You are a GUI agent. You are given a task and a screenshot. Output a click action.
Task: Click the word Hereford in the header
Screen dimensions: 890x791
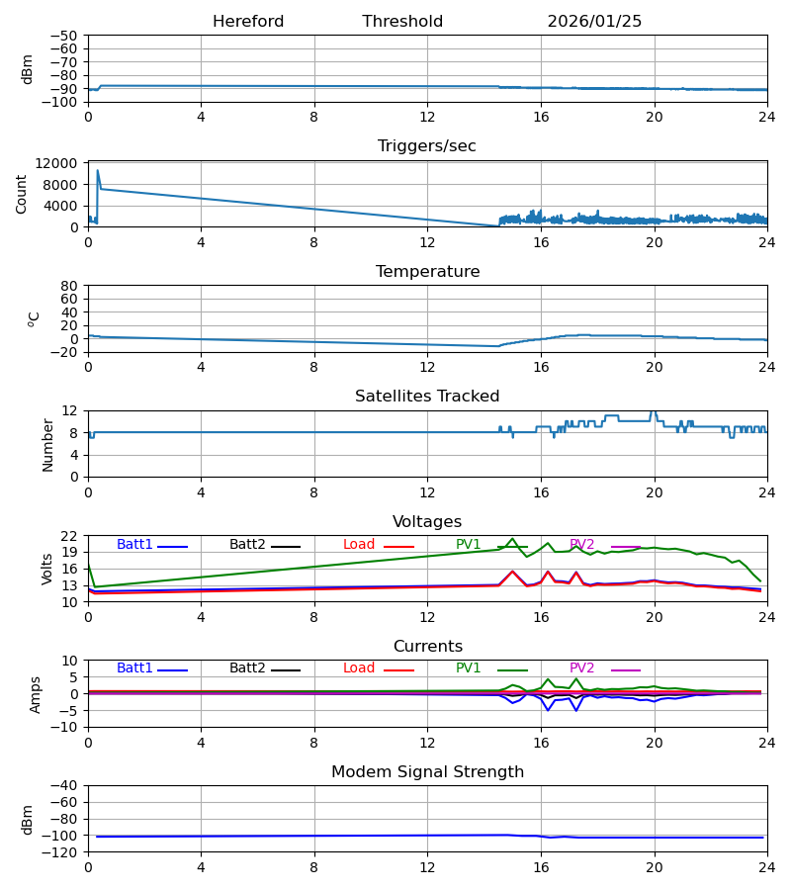(x=248, y=22)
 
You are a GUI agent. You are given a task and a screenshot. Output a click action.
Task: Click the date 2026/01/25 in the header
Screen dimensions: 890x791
(x=594, y=22)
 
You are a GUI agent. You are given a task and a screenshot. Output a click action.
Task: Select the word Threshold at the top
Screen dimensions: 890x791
(x=402, y=22)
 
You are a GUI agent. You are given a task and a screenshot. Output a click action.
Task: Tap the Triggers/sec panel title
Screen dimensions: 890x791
(x=427, y=146)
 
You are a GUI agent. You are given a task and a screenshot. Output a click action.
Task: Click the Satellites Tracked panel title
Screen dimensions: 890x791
(x=427, y=397)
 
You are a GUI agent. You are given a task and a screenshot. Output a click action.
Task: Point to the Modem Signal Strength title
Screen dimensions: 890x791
(x=427, y=772)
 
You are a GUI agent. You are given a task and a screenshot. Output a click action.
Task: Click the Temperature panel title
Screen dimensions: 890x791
(x=427, y=272)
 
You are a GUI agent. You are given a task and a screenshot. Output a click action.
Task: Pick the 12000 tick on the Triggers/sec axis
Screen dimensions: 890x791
(x=61, y=163)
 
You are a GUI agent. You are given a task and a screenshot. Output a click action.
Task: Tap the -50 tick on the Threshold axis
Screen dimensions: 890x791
(x=65, y=36)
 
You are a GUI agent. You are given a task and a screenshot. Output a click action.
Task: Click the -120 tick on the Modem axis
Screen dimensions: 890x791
(x=61, y=851)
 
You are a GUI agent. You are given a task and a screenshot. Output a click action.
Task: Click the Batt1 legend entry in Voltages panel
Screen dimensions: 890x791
(x=135, y=545)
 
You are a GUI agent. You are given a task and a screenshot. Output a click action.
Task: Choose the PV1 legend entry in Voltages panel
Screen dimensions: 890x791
(x=469, y=545)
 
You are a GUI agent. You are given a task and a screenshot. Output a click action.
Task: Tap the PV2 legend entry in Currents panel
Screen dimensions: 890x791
(x=582, y=668)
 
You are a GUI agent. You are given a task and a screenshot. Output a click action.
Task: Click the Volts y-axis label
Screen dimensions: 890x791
(x=47, y=569)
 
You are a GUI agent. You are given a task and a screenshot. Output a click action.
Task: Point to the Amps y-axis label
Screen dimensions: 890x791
(x=36, y=694)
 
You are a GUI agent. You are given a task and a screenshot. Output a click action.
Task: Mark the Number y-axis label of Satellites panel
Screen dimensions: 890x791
(x=47, y=444)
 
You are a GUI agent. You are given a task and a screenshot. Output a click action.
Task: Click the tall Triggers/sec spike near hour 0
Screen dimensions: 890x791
(x=97, y=171)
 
